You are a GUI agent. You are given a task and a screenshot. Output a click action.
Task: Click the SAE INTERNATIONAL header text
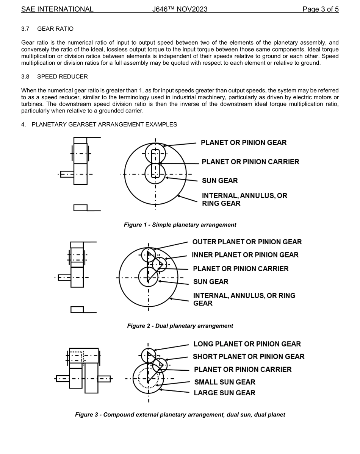(57, 9)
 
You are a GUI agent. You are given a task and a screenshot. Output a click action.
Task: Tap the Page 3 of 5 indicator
(320, 9)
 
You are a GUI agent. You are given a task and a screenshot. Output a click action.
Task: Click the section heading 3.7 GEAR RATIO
(47, 29)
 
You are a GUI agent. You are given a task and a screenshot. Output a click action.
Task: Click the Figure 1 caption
(180, 225)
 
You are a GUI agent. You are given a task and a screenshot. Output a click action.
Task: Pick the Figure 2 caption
(180, 326)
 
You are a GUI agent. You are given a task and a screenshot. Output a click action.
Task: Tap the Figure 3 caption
(180, 415)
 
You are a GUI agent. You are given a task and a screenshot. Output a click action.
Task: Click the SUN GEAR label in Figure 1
(220, 181)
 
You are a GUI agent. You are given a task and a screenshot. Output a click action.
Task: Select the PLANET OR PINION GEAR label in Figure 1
(244, 143)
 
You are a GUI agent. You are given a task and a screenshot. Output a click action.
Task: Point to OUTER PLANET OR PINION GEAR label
(247, 242)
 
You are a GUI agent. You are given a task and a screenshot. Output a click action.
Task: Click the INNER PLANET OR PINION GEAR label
(245, 255)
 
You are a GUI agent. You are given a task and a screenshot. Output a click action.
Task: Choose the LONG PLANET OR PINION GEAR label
(247, 344)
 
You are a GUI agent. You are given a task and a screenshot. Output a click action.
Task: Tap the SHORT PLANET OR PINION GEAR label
(249, 357)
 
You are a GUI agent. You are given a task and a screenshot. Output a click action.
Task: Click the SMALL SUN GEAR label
(225, 382)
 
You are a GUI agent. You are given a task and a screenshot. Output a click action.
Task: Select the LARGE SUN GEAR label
(224, 393)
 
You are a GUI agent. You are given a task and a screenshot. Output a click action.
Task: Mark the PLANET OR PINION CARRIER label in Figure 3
(243, 369)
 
